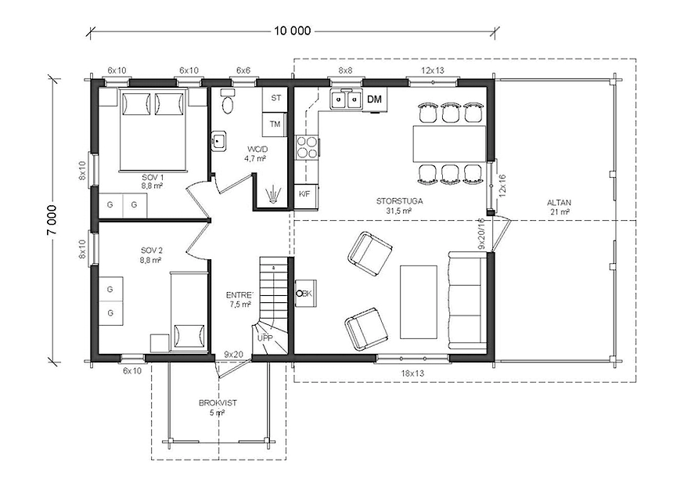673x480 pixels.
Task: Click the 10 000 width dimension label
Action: click(293, 31)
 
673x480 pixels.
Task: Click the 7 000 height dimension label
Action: click(52, 219)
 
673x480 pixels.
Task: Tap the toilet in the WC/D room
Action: click(228, 101)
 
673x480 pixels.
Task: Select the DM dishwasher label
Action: click(374, 99)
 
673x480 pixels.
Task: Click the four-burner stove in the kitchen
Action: click(307, 147)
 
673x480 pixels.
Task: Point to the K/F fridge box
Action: click(304, 194)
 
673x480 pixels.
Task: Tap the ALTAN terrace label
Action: click(560, 203)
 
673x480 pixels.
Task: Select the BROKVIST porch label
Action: click(218, 403)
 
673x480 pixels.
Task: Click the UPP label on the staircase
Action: click(265, 338)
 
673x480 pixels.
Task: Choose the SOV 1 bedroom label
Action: click(153, 177)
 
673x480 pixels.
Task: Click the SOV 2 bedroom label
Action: click(152, 251)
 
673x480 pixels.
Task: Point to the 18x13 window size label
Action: click(412, 373)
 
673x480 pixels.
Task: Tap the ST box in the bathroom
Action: click(275, 99)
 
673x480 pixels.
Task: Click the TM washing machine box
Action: click(275, 125)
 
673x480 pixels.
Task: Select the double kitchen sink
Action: click(346, 100)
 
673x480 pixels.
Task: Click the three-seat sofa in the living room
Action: click(468, 301)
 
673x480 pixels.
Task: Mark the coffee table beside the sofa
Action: click(419, 302)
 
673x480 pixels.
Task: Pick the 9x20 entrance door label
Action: click(233, 355)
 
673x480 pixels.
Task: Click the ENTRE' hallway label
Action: click(239, 295)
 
